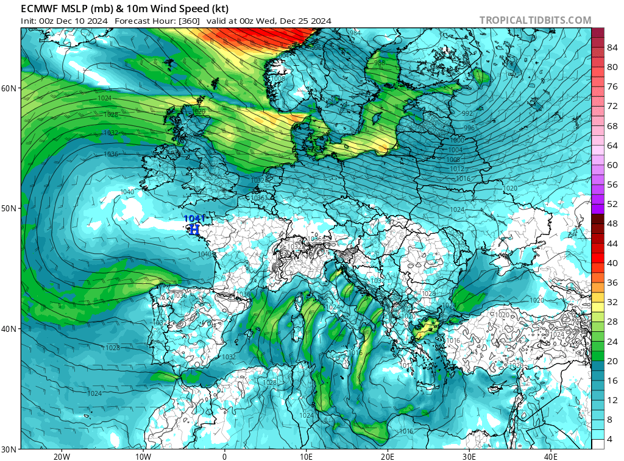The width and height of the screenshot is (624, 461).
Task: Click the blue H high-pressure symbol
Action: pyautogui.click(x=194, y=230)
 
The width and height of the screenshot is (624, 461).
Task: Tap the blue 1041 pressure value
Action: pyautogui.click(x=194, y=218)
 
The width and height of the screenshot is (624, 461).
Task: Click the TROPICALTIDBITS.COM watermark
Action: pyautogui.click(x=535, y=20)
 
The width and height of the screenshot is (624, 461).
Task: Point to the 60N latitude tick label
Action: pyautogui.click(x=9, y=88)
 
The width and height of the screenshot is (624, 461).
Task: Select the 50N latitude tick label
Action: pyautogui.click(x=9, y=208)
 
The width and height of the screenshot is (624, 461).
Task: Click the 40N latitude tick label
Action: pyautogui.click(x=9, y=329)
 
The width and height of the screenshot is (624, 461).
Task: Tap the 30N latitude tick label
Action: pyautogui.click(x=9, y=449)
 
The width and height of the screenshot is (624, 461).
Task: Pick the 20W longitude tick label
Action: pyautogui.click(x=61, y=456)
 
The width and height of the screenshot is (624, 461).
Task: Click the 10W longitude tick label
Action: pyautogui.click(x=143, y=456)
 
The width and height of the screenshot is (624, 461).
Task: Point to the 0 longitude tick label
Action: pyautogui.click(x=224, y=456)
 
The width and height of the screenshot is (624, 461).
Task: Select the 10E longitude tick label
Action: pyautogui.click(x=306, y=456)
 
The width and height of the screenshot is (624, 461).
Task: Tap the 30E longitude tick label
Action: pyautogui.click(x=469, y=456)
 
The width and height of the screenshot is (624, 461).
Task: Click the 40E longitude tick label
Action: pyautogui.click(x=551, y=456)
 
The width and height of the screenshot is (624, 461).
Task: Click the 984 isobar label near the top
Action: pyautogui.click(x=355, y=33)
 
